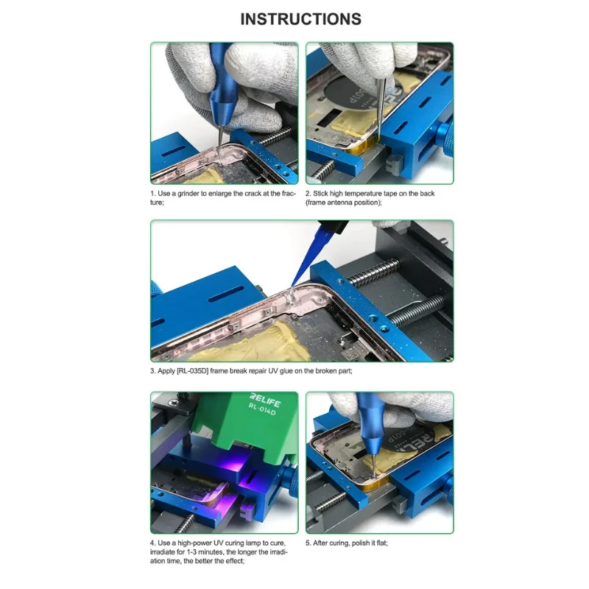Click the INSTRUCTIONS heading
coord(300,19)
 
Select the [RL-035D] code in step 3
coord(192,371)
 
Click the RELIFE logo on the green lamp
coord(265,401)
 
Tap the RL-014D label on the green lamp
coord(262,409)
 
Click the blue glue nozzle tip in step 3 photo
coord(292,286)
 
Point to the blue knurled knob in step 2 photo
coord(445,140)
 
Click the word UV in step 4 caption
coord(219,543)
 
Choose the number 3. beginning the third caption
coord(153,371)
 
